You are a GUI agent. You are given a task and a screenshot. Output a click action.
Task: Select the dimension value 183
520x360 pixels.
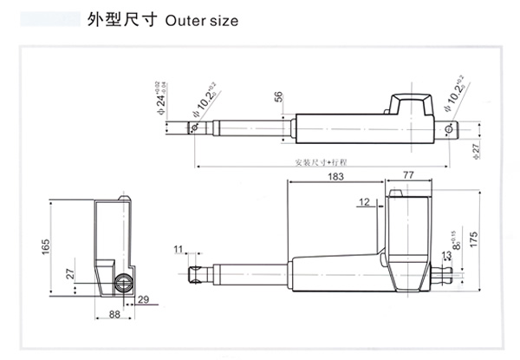tap(336, 176)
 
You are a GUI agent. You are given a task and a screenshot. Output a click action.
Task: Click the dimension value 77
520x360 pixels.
tap(409, 176)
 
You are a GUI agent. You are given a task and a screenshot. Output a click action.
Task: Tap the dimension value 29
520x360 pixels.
tap(143, 299)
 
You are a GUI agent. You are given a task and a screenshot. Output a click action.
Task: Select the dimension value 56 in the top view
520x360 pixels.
tap(279, 97)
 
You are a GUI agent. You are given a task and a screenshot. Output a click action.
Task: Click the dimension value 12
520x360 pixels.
tap(363, 202)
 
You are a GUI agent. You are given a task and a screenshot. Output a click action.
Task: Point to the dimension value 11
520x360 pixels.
tap(179, 250)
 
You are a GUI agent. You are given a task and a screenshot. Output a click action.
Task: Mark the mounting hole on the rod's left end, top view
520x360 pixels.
tap(195, 128)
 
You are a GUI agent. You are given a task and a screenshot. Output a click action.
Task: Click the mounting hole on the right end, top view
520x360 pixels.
tap(448, 130)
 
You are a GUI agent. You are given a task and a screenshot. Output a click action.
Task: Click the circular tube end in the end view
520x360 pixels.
tap(124, 282)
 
